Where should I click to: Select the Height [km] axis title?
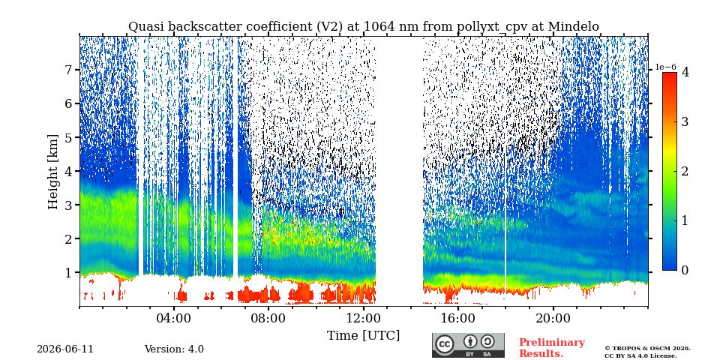(x=53, y=172)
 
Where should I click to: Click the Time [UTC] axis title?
(x=363, y=336)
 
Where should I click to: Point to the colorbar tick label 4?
(x=685, y=72)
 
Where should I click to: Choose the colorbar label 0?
(x=685, y=270)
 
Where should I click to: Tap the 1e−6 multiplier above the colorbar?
(x=666, y=67)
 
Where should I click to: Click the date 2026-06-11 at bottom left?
(x=65, y=349)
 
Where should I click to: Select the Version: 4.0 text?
(x=174, y=349)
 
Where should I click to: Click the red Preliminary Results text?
(x=552, y=347)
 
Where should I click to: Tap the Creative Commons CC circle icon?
(x=445, y=345)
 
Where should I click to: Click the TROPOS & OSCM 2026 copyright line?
(x=647, y=349)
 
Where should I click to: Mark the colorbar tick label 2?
(x=685, y=171)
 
